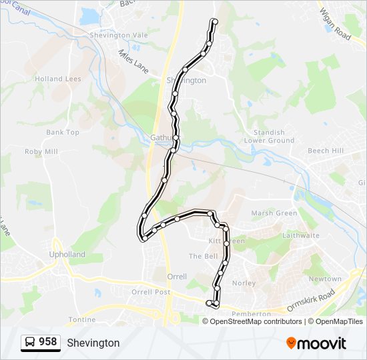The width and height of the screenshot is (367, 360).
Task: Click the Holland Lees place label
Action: (58, 79)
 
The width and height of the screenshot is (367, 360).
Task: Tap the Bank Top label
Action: (63, 132)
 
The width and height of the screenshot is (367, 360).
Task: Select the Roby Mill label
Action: (41, 152)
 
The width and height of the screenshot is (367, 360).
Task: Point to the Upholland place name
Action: (67, 255)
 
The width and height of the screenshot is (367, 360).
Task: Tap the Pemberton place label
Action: (251, 313)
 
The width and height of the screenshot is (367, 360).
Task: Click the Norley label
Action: (244, 283)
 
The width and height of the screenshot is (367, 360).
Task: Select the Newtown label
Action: (325, 279)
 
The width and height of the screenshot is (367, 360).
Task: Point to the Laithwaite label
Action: (301, 235)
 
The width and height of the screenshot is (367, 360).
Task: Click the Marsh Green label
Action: (274, 213)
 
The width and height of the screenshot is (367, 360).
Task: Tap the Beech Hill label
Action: (326, 151)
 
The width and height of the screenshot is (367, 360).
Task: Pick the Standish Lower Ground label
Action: (270, 137)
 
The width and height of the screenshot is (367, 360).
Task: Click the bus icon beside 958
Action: (30, 342)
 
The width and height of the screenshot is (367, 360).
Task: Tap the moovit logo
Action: (316, 343)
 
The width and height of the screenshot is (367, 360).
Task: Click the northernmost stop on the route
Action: (214, 22)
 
